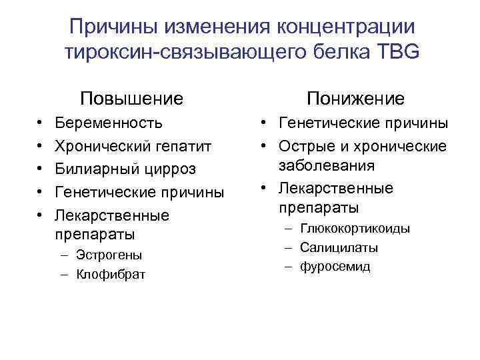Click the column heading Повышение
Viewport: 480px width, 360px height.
(x=131, y=99)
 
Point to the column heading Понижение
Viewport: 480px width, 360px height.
(x=355, y=99)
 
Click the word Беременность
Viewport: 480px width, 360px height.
(x=109, y=123)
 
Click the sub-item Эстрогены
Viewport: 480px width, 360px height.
(x=109, y=255)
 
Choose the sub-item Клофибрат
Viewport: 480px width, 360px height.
(x=111, y=274)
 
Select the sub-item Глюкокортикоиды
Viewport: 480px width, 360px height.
(x=355, y=229)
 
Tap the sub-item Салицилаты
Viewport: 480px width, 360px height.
(x=339, y=248)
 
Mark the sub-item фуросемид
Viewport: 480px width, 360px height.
(x=335, y=267)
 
